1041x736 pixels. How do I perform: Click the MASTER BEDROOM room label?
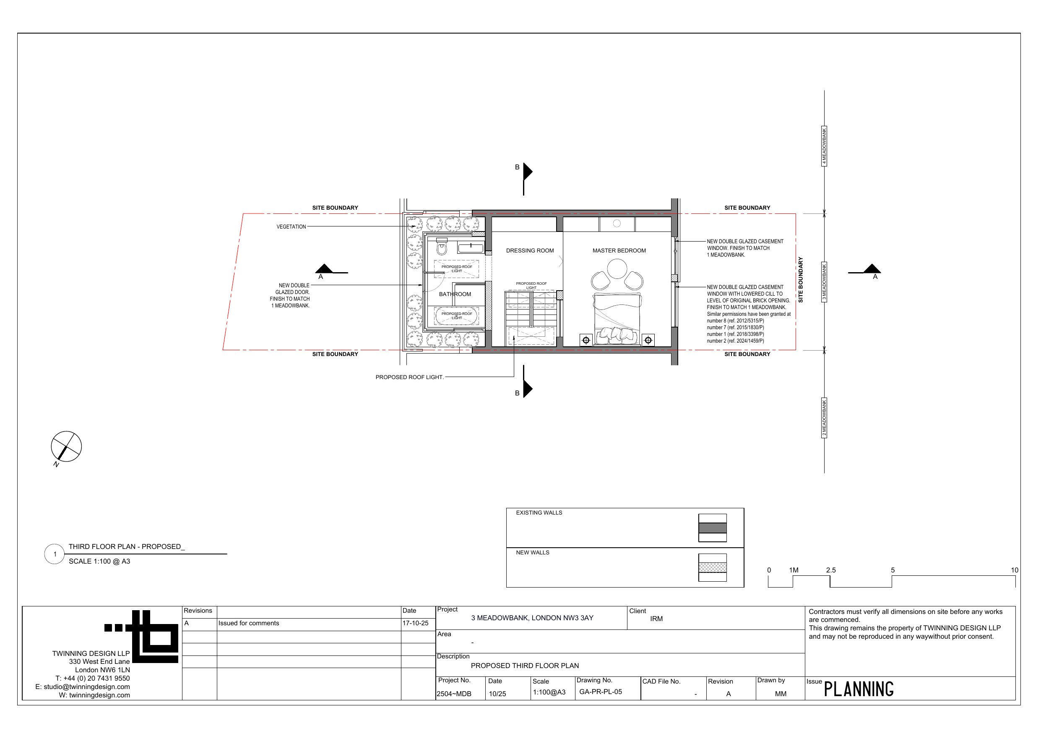coord(619,251)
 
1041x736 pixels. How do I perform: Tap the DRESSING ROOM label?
coord(530,251)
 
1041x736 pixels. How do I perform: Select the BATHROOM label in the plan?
coord(455,294)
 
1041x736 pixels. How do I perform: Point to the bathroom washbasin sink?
coord(471,247)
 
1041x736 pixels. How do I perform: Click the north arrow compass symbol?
coord(66,447)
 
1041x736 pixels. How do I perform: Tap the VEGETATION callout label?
coord(291,227)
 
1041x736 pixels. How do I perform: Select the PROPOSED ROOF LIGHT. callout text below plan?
coord(409,377)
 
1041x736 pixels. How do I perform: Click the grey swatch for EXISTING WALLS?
coord(712,528)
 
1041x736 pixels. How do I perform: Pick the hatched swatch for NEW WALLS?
coord(712,567)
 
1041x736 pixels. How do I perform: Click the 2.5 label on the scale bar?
coord(830,570)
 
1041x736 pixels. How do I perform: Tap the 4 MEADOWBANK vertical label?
coord(824,146)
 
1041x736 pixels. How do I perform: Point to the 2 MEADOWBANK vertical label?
coord(824,418)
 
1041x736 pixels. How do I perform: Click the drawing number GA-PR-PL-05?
coord(600,692)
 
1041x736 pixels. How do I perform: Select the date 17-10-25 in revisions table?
coord(415,624)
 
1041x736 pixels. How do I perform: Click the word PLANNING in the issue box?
coord(858,689)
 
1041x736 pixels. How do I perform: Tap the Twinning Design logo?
coord(141,637)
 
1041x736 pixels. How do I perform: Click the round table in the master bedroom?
coord(617,268)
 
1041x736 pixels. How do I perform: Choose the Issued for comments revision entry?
coord(248,624)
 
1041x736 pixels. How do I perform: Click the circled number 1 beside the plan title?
coord(55,554)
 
